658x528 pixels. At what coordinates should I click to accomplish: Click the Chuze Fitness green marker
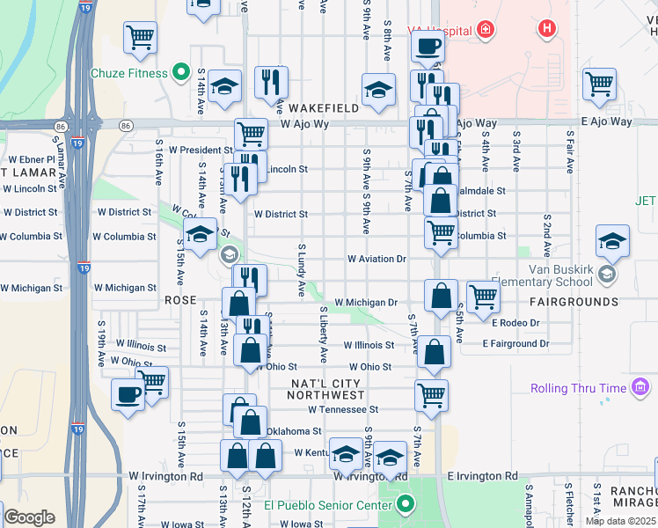pyautogui.click(x=182, y=71)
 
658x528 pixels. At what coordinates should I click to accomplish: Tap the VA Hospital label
pyautogui.click(x=440, y=30)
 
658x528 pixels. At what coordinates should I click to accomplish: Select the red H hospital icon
pyautogui.click(x=548, y=29)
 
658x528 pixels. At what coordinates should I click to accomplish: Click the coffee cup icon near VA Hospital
pyautogui.click(x=428, y=46)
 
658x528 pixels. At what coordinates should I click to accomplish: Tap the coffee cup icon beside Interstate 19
pyautogui.click(x=128, y=393)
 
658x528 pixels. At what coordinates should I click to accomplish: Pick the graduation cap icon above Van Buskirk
pyautogui.click(x=612, y=239)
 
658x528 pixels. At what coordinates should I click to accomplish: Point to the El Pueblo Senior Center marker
pyautogui.click(x=405, y=505)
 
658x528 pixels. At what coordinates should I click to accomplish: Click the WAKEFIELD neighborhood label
pyautogui.click(x=321, y=107)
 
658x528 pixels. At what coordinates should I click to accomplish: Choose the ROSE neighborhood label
pyautogui.click(x=180, y=300)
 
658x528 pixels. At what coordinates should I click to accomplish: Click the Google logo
pyautogui.click(x=29, y=517)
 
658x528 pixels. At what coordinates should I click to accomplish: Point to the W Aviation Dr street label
pyautogui.click(x=376, y=260)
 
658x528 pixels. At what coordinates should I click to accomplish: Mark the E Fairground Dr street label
pyautogui.click(x=515, y=344)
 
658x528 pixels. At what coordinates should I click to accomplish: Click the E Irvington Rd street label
pyautogui.click(x=482, y=476)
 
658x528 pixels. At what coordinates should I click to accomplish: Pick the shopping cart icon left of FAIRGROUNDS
pyautogui.click(x=482, y=297)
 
